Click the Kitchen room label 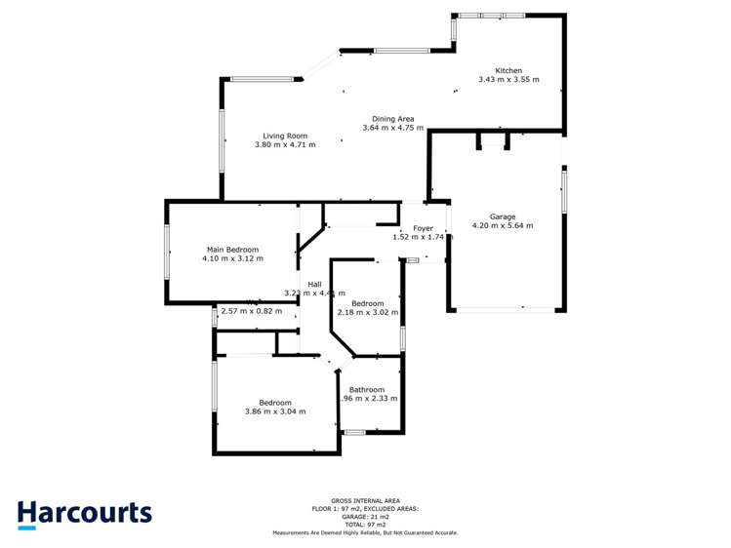tap(508, 70)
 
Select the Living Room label tap(284, 136)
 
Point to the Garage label tap(503, 216)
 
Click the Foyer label tap(423, 228)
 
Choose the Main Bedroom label tap(232, 250)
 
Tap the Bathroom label tap(367, 389)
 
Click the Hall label tap(314, 284)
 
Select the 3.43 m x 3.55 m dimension tap(508, 80)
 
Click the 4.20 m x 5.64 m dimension tap(503, 226)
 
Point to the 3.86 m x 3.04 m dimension tap(275, 411)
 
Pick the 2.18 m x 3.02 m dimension tap(368, 312)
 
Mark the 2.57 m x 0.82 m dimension tap(252, 312)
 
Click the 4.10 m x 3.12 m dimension tap(232, 259)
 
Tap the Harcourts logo tap(84, 514)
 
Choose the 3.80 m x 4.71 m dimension tap(284, 145)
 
